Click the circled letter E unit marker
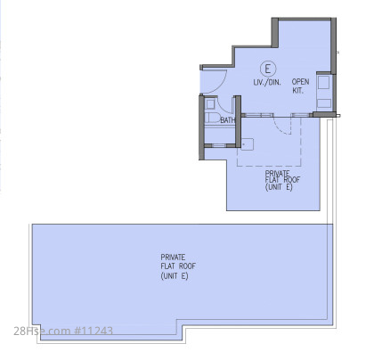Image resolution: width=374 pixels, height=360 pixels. (x=268, y=69)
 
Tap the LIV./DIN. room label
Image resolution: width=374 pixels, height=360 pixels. (x=267, y=82)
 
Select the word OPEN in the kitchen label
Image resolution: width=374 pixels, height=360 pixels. (x=300, y=82)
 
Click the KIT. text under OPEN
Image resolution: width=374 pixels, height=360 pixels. (x=297, y=91)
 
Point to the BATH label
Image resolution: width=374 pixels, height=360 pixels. (x=228, y=120)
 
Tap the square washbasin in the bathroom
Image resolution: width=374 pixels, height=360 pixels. (x=210, y=104)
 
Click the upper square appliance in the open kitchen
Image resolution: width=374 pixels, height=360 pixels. (x=323, y=82)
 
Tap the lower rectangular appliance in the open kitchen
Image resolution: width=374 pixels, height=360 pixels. (x=324, y=103)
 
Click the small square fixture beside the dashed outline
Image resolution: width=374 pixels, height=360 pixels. (x=248, y=144)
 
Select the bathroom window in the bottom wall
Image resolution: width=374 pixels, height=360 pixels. (x=219, y=145)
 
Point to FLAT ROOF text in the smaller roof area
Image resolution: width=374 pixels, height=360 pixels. (x=282, y=180)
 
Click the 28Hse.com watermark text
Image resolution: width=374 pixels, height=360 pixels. (x=42, y=331)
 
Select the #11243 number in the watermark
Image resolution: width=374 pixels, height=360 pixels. (x=93, y=331)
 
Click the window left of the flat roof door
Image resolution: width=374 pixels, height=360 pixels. (x=257, y=115)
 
